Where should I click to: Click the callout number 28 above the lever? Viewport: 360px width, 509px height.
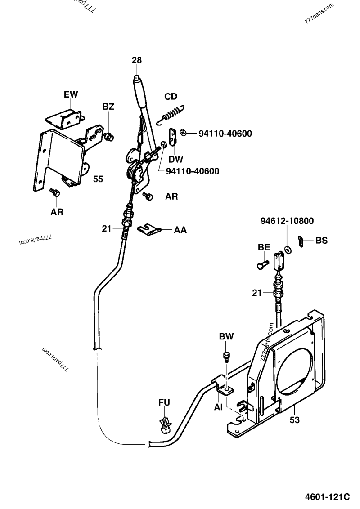point(137,60)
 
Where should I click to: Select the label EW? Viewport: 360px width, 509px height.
point(71,94)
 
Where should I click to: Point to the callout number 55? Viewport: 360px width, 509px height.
point(98,179)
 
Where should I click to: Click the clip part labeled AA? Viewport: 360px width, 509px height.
point(149,230)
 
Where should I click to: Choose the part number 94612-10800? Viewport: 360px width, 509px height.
point(287,221)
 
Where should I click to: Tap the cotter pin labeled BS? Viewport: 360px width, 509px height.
point(301,241)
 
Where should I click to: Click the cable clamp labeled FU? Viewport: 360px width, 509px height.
point(165,424)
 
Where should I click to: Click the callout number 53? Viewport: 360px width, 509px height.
point(294,420)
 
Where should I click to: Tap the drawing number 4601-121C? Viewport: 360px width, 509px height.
point(328,496)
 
